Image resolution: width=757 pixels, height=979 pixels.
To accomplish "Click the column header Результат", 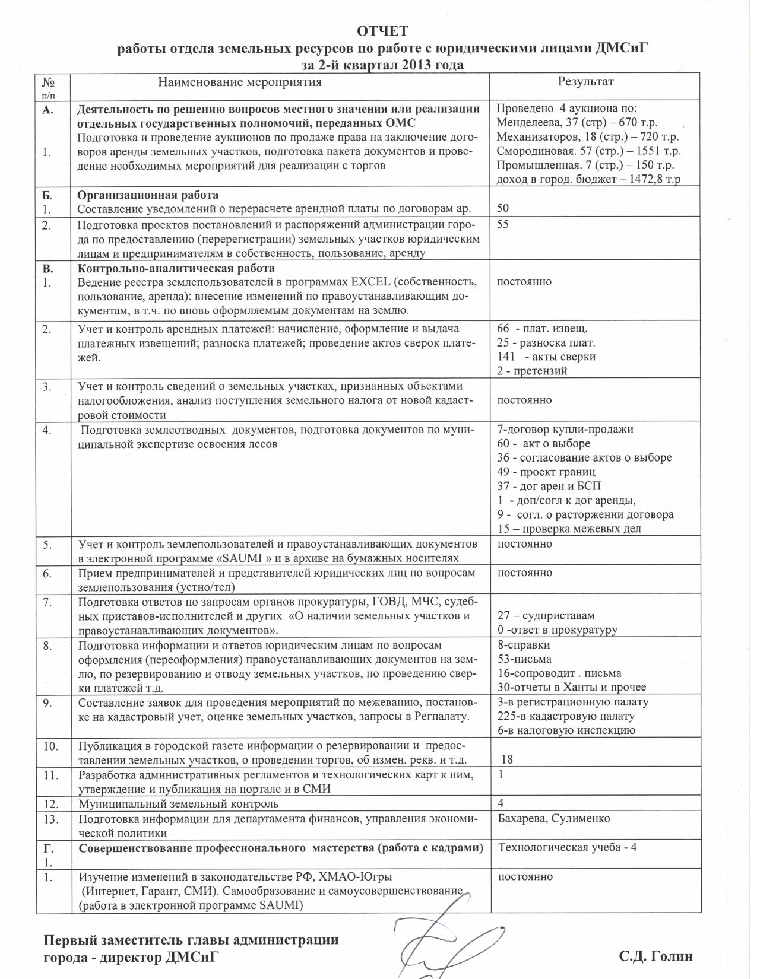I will coord(585,82).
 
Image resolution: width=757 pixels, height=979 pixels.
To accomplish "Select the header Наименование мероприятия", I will coord(240,82).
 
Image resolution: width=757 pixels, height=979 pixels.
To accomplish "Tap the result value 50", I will coord(503,208).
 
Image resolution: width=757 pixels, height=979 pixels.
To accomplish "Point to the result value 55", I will coord(503,224).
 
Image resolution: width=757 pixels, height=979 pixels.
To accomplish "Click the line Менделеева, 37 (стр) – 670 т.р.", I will coord(577,123).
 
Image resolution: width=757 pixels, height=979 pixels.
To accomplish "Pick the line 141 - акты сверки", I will coord(546,357).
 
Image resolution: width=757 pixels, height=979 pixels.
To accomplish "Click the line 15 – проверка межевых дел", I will coord(569,529).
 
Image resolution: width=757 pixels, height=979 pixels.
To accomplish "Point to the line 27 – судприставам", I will coord(546,615).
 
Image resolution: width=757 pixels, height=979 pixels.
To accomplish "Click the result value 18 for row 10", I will coord(507,759).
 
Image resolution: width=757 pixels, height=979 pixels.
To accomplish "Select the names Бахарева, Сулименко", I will coord(554,818).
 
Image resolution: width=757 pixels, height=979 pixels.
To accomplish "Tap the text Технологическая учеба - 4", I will coord(568,847).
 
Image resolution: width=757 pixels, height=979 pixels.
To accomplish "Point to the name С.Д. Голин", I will coord(655,956).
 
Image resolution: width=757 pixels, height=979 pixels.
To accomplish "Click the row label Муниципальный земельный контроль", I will coord(179,804).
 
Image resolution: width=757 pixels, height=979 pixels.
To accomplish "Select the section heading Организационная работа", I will coord(148,195).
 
